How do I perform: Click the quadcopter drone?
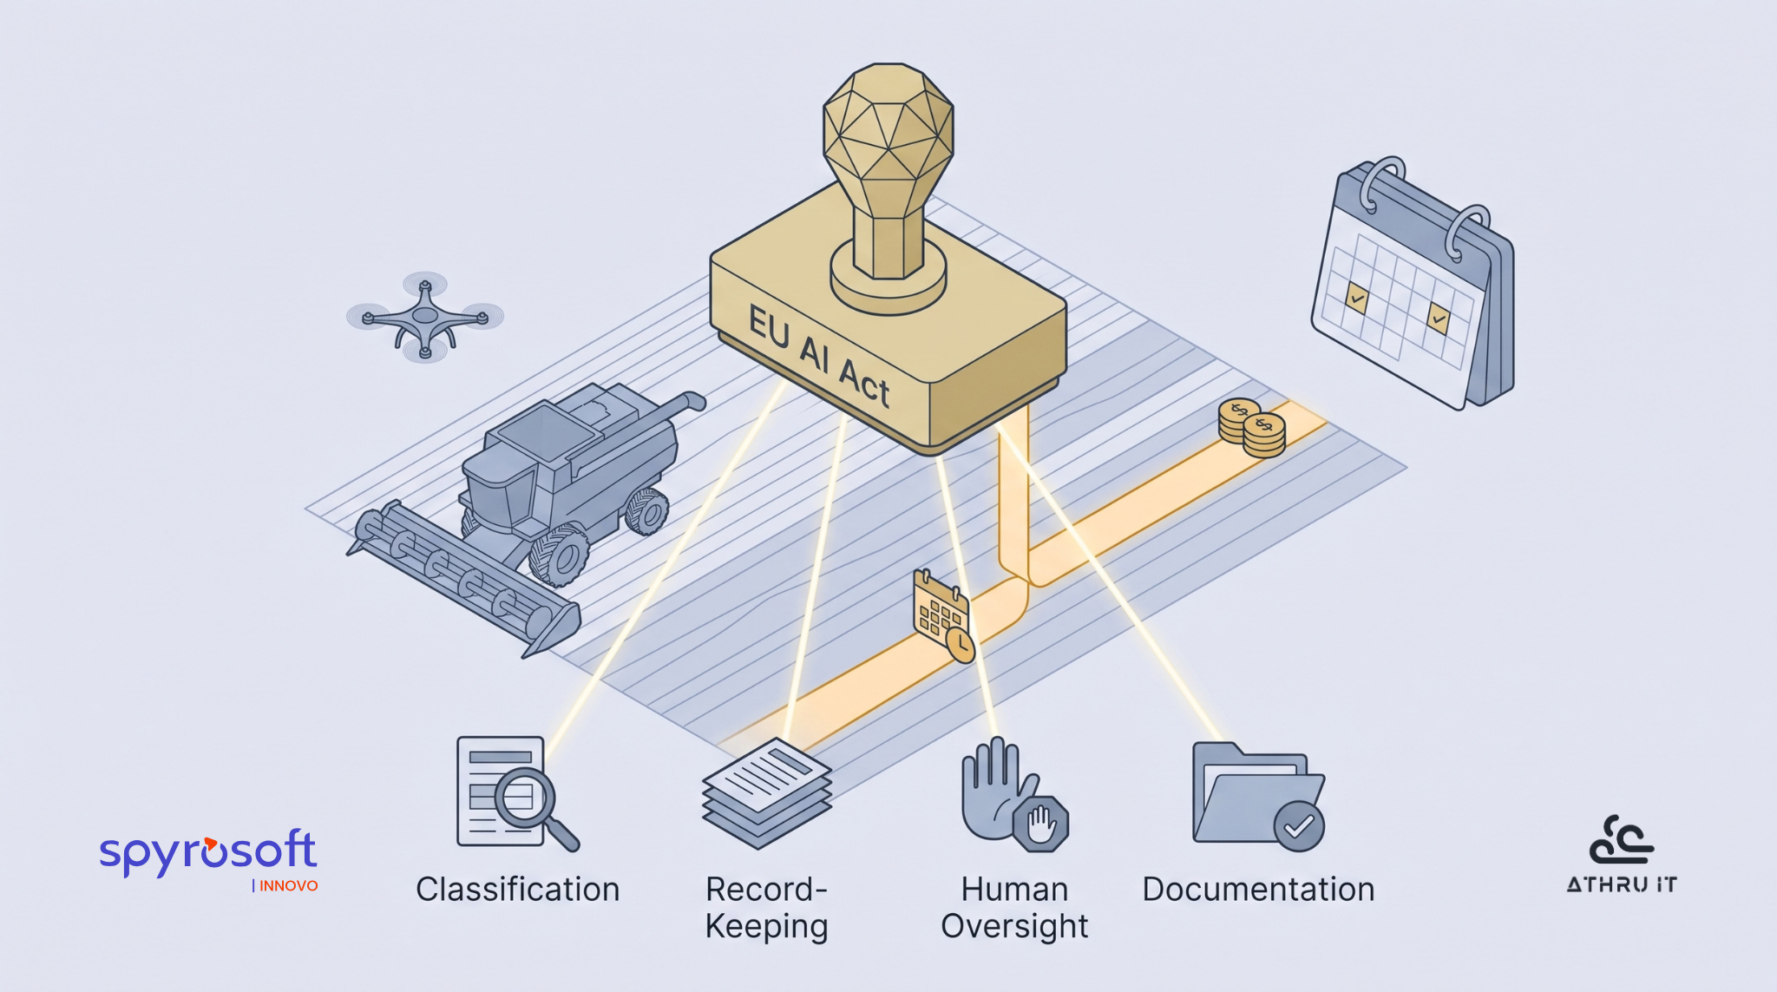click(424, 317)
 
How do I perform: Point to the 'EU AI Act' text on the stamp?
click(819, 356)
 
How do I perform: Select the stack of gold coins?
click(1251, 428)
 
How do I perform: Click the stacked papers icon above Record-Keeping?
click(767, 792)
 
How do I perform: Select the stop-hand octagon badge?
click(1040, 824)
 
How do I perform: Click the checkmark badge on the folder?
click(1299, 826)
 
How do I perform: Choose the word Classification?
click(518, 890)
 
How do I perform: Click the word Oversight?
click(1014, 926)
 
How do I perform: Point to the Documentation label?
click(1258, 890)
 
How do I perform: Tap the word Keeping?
click(767, 926)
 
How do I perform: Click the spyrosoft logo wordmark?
click(208, 851)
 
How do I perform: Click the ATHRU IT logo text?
click(1622, 884)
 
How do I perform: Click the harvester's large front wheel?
click(559, 555)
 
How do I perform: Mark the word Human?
click(1014, 890)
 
